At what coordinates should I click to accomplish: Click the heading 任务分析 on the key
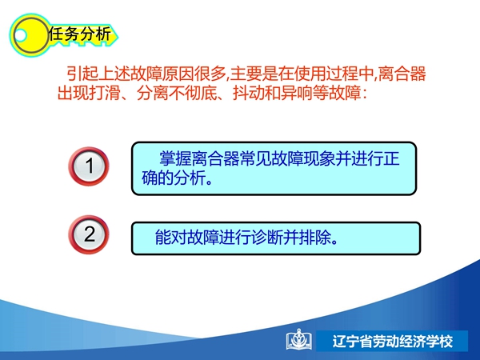pyautogui.click(x=79, y=34)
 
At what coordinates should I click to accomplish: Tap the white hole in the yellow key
pyautogui.click(x=21, y=35)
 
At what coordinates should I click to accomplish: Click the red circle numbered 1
pyautogui.click(x=89, y=166)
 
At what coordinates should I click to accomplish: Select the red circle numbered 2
pyautogui.click(x=89, y=234)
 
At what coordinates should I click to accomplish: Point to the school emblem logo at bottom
pyautogui.click(x=299, y=339)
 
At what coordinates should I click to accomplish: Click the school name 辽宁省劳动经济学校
pyautogui.click(x=393, y=342)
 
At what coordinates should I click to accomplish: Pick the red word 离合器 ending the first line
pyautogui.click(x=402, y=74)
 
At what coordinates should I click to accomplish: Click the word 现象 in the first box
pyautogui.click(x=319, y=158)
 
